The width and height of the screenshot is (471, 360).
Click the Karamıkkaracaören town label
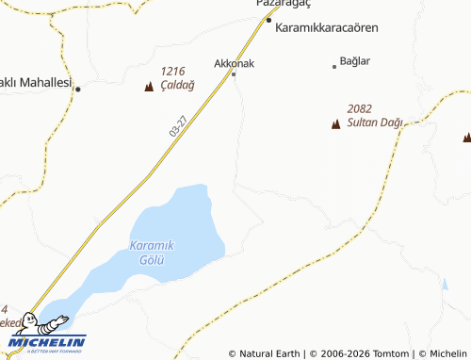point(326,28)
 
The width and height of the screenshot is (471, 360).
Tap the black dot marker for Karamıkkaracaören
point(268,20)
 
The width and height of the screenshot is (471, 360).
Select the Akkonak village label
point(235,63)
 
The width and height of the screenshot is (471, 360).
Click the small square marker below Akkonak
point(234,74)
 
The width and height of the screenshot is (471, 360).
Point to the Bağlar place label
point(354,61)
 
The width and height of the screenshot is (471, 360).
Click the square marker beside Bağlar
point(334,66)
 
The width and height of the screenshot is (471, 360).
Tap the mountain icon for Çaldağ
point(149,87)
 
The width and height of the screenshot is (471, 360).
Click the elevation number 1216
point(172,71)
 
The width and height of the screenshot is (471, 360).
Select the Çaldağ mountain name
point(177,84)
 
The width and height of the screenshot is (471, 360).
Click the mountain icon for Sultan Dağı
point(335,123)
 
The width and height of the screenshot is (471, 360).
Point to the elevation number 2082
point(359,108)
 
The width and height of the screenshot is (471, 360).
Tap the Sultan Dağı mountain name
point(375,123)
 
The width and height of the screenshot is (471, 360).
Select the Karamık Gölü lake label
point(152,252)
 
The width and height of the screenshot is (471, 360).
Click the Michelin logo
point(47,341)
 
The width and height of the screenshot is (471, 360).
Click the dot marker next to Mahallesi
point(78,90)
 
